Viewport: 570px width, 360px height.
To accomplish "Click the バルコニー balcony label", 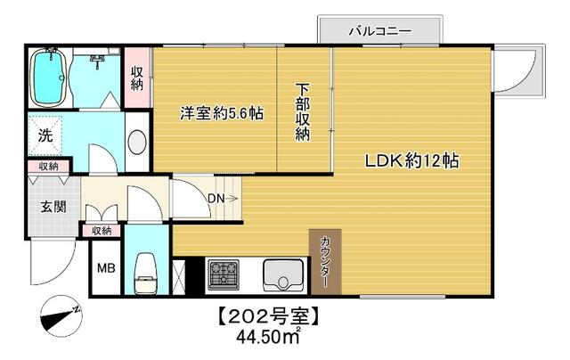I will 379,31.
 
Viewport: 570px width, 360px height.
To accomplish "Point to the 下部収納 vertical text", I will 303,113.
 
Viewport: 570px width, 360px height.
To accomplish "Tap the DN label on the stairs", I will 216,198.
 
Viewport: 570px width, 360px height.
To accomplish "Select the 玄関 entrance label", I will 53,207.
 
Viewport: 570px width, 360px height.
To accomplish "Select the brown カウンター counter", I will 325,261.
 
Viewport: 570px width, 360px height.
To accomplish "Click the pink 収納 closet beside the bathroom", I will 137,78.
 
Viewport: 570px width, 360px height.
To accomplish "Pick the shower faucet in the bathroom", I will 97,59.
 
